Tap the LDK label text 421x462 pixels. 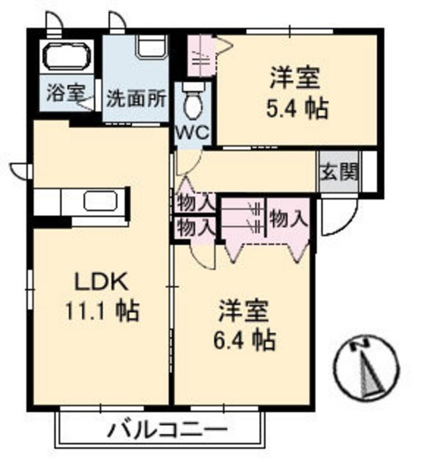tap(102, 281)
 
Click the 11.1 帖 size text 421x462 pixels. tap(102, 311)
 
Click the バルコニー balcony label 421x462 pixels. tap(166, 431)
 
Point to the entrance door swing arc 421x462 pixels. tap(340, 216)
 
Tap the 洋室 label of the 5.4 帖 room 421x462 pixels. tap(296, 78)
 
